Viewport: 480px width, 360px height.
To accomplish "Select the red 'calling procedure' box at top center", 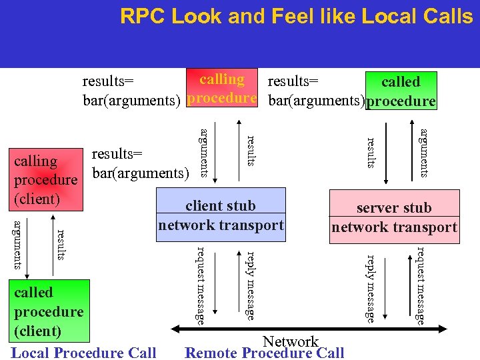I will coord(222,88).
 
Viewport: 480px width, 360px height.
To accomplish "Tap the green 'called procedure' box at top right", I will coord(401,91).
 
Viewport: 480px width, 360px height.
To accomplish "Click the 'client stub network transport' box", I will coord(221,215).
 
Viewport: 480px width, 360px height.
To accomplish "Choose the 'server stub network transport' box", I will coord(395,217).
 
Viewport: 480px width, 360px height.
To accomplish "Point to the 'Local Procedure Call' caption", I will coord(84,353).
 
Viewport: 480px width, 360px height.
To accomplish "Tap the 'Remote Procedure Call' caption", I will coord(265,353).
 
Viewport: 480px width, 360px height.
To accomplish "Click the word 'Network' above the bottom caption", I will coord(291,341).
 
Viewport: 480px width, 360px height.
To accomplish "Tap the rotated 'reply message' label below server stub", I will coord(371,288).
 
